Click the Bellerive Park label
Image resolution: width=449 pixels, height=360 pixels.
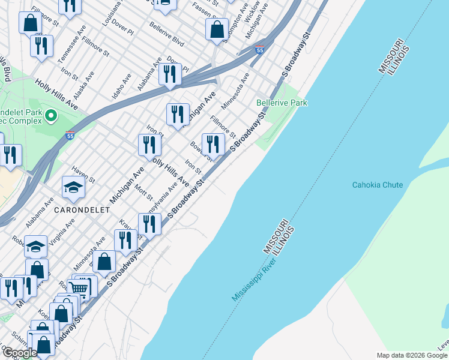pyautogui.click(x=282, y=103)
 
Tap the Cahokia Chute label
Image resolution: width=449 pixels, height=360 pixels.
pyautogui.click(x=377, y=185)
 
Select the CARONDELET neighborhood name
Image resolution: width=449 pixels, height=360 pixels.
pyautogui.click(x=81, y=211)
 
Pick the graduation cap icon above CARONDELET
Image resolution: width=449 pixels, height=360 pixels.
pyautogui.click(x=73, y=188)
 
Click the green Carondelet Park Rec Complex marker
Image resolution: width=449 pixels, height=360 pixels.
pyautogui.click(x=51, y=115)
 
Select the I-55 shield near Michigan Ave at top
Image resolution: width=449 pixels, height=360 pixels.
pyautogui.click(x=259, y=50)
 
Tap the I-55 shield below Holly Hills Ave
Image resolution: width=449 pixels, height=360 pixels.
pyautogui.click(x=70, y=136)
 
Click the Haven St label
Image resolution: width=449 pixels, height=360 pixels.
pyautogui.click(x=83, y=175)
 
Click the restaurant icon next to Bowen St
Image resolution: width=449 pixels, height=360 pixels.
pyautogui.click(x=213, y=144)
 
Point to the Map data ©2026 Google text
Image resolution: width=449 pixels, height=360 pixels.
pyautogui.click(x=412, y=355)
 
